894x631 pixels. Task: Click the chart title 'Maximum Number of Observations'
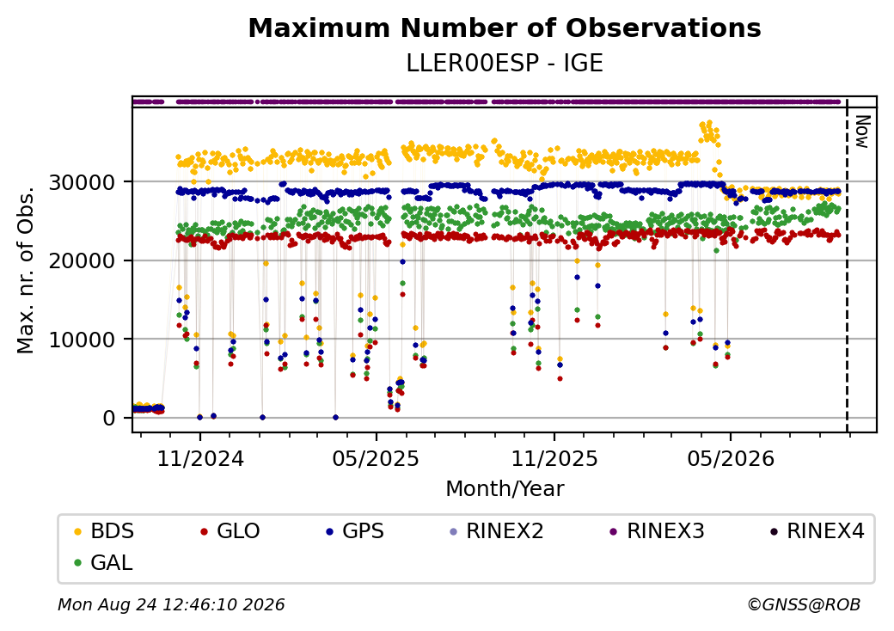click(505, 28)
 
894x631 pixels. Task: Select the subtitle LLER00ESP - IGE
click(505, 64)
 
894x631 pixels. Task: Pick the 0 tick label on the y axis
click(109, 419)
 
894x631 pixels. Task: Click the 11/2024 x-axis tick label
click(200, 459)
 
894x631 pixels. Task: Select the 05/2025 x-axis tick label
click(376, 459)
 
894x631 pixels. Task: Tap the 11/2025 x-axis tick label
click(554, 459)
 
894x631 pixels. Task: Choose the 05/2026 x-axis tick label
click(731, 459)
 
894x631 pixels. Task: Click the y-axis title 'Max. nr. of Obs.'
click(26, 270)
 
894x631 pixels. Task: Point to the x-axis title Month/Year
click(505, 489)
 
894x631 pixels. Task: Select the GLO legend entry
click(230, 531)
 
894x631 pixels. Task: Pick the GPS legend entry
click(355, 531)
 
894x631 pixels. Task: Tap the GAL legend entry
click(104, 563)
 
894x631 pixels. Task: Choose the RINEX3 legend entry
click(657, 531)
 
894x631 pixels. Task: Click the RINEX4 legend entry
click(817, 531)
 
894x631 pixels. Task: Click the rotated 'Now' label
click(863, 132)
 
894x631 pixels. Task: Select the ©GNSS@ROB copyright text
click(804, 604)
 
